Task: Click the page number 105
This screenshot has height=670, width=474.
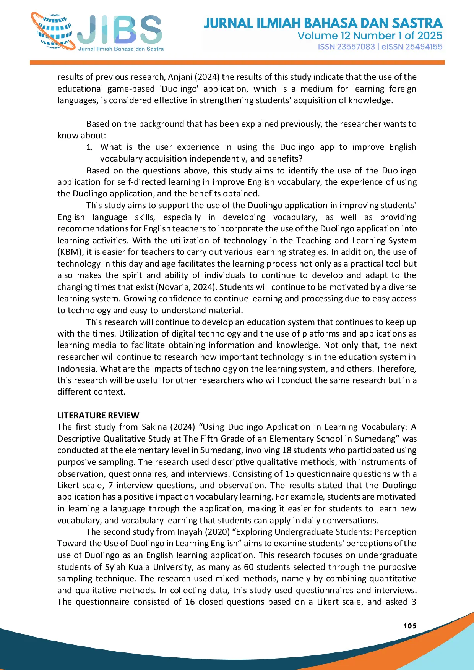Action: (410, 626)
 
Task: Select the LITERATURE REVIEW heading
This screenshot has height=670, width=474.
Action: (98, 415)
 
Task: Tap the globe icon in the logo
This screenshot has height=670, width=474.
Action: (54, 32)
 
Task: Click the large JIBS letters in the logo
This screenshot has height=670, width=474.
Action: (120, 30)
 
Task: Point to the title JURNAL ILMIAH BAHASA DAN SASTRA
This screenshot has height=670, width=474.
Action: (323, 23)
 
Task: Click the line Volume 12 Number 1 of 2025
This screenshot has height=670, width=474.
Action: (370, 36)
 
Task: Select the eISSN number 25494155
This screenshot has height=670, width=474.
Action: (424, 47)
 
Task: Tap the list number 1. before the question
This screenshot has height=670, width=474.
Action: (89, 147)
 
